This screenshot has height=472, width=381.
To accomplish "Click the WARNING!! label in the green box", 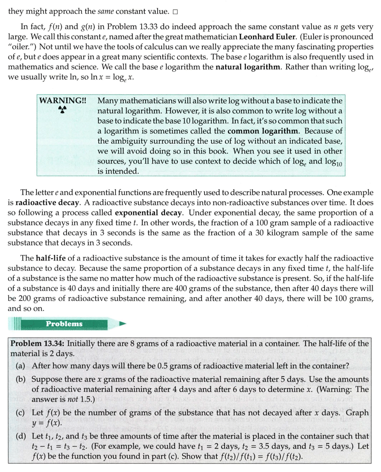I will point(63,100).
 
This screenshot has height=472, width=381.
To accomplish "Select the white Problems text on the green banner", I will point(64,324).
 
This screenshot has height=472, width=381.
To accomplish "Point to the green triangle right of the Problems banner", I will point(123,324).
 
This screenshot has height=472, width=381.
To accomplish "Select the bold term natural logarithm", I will point(248,67).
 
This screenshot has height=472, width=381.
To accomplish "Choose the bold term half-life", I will point(50,258).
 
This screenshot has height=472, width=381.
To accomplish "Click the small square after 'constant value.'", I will point(175,12).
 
